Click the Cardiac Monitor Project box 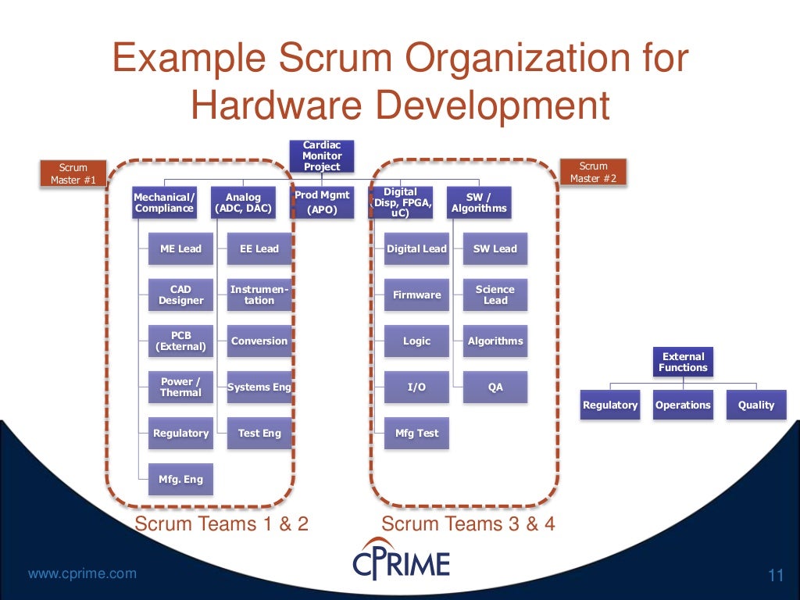322,156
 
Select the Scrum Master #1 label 73,173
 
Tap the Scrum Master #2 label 593,173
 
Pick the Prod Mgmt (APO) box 322,202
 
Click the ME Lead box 180,249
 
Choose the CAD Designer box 180,295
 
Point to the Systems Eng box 259,387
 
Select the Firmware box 416,295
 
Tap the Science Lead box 495,295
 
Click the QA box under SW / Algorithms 495,387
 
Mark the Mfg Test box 416,434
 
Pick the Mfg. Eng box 180,480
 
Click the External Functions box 683,362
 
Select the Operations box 683,405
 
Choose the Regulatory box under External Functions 610,405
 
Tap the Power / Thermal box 180,387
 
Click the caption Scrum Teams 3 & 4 468,523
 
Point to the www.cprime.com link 82,574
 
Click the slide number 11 776,577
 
